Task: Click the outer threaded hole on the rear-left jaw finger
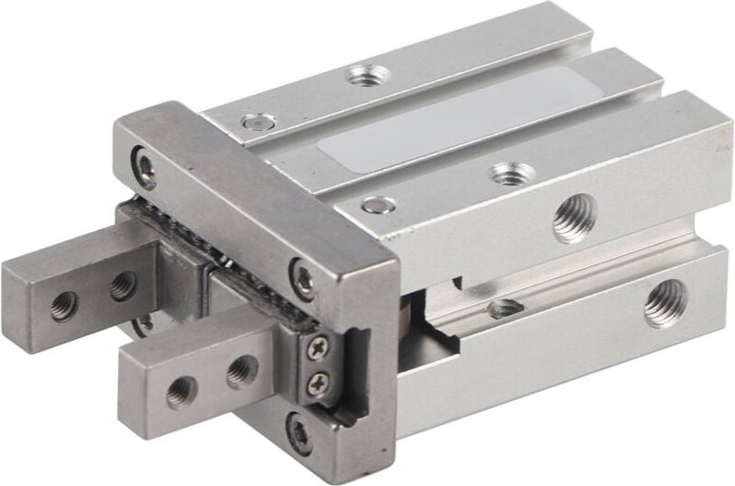(x=64, y=304)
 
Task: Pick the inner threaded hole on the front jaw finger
(x=241, y=370)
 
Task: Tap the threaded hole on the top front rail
(x=504, y=172)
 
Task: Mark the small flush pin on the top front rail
(x=374, y=205)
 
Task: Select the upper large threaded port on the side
(x=574, y=221)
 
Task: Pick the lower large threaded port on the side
(x=666, y=302)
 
